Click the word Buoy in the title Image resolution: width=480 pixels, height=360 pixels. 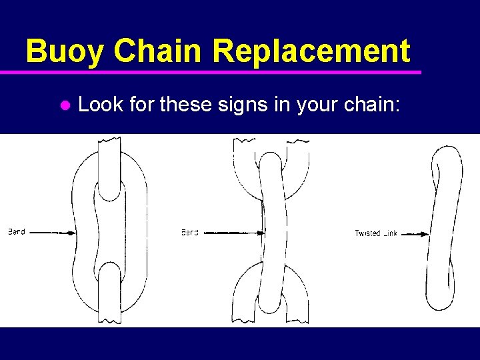click(x=64, y=51)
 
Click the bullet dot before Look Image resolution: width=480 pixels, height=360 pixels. click(x=65, y=105)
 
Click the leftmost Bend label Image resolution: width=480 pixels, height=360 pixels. click(x=17, y=232)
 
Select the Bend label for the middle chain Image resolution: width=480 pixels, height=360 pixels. click(x=190, y=233)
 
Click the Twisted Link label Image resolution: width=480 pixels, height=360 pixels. click(x=376, y=233)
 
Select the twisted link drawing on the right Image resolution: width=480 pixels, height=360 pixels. click(x=443, y=227)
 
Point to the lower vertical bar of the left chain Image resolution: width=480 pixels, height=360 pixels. click(x=109, y=293)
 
